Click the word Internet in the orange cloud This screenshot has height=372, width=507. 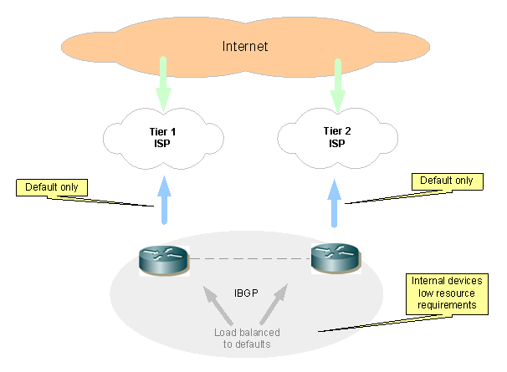pos(244,46)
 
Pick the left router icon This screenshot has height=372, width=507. pos(162,260)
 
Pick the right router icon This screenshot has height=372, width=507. pos(335,258)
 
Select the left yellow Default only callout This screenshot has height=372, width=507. pos(52,187)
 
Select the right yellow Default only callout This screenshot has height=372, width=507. pos(446,181)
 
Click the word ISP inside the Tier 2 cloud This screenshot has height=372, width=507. pos(336,143)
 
